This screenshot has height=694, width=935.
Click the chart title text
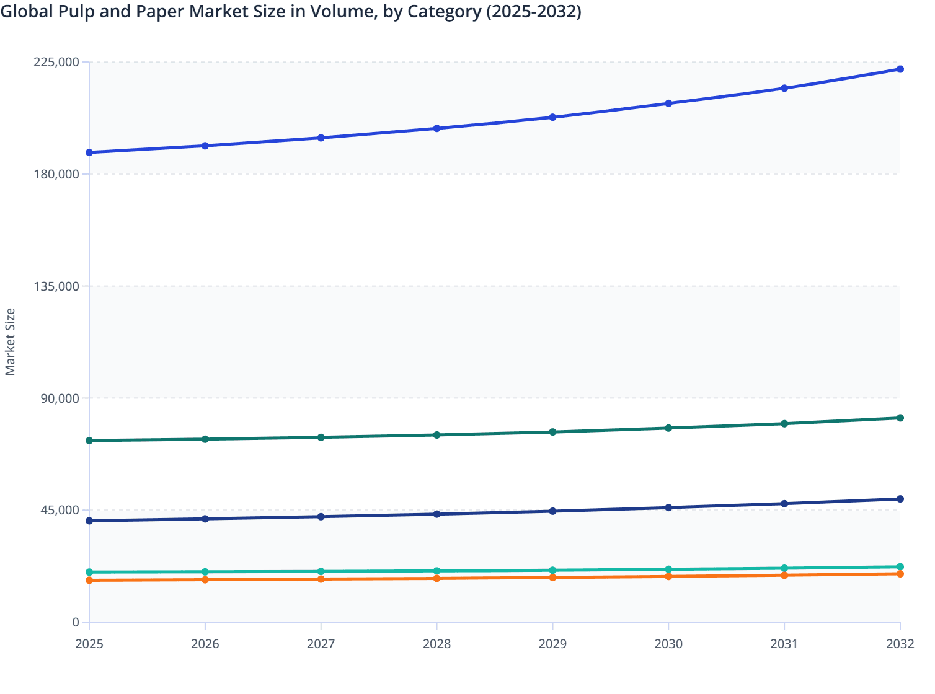coord(291,12)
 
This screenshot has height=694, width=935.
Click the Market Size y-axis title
coord(10,341)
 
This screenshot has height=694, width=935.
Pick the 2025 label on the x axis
coord(89,644)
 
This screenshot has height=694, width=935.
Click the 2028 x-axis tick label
coord(436,644)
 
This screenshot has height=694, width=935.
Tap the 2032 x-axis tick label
coord(900,644)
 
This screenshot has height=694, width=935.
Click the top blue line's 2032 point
coord(900,69)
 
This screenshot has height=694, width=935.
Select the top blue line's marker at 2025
coord(89,152)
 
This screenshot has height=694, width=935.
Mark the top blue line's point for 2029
coord(552,117)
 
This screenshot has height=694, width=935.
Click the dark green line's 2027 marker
coord(321,437)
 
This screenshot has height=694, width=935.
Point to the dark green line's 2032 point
coord(900,418)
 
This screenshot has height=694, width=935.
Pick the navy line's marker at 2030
coord(668,507)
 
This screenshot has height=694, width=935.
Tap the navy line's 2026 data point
coord(205,519)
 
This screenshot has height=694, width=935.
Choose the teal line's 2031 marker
coord(784,568)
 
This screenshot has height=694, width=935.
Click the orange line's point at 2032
coord(900,574)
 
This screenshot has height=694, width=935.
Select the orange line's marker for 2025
coord(89,580)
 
